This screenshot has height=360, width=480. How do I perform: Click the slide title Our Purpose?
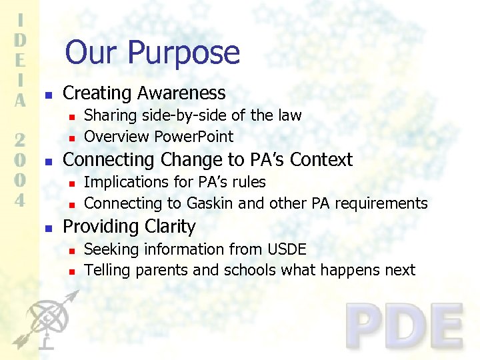click(x=152, y=52)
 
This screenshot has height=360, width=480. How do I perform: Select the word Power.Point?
click(x=194, y=137)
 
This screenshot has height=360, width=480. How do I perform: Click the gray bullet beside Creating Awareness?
click(x=45, y=95)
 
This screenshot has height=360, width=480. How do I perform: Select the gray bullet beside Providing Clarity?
click(x=45, y=228)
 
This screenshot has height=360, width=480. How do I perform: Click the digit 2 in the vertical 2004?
click(x=20, y=141)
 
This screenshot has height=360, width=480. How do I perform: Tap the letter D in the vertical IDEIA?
click(x=20, y=39)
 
